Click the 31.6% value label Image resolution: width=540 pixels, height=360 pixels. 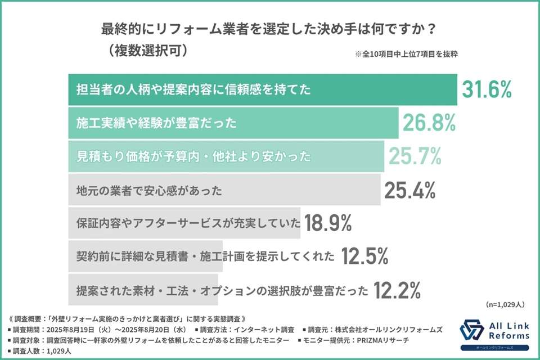click(487, 90)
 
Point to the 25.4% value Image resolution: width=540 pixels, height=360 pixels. click(411, 190)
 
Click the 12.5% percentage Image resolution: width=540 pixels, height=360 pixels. click(364, 256)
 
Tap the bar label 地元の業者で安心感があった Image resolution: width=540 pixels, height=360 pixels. click(149, 191)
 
